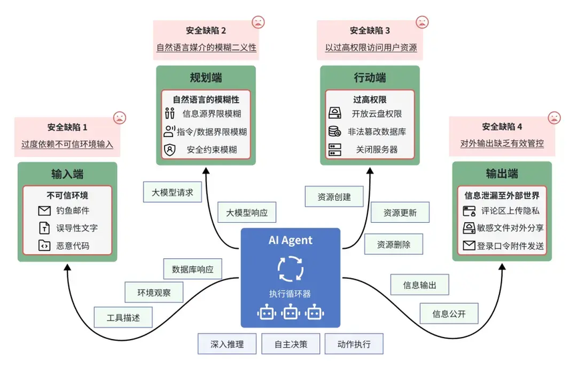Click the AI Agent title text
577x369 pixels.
point(290,240)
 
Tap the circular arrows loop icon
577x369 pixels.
point(290,269)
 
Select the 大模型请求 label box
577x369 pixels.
point(172,192)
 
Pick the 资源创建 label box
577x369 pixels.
point(329,197)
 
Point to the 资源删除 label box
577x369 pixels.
point(393,244)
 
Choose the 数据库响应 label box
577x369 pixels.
point(192,270)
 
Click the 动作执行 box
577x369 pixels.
point(354,344)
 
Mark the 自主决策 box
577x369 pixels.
point(291,344)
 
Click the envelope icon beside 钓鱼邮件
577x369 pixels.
point(45,211)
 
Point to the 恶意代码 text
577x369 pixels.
point(73,246)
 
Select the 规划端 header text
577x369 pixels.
point(206,78)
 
